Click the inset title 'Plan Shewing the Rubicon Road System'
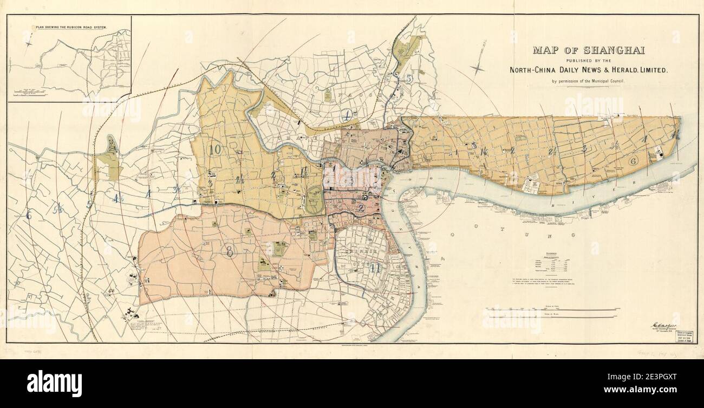(70, 27)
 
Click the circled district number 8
(230, 251)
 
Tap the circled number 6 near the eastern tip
(632, 161)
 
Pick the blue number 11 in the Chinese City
(373, 267)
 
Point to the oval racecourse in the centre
(312, 199)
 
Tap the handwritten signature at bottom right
(662, 325)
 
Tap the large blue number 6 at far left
(29, 215)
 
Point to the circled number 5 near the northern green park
(409, 79)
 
